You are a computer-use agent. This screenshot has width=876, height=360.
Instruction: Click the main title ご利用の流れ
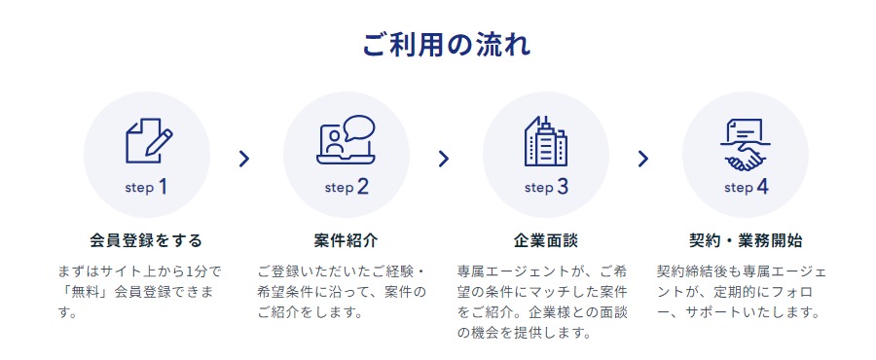tap(438, 46)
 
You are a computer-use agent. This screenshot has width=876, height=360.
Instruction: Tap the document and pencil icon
tap(147, 140)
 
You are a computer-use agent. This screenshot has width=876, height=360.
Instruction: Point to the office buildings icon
tap(545, 141)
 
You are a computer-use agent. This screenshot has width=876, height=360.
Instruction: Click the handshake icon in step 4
tap(745, 142)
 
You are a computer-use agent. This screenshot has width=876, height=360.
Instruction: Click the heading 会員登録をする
tap(146, 239)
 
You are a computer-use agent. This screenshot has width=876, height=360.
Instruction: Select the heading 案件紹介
tap(346, 239)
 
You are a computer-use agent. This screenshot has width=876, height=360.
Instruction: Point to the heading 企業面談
tap(545, 239)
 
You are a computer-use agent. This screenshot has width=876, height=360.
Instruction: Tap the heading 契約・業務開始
tap(745, 239)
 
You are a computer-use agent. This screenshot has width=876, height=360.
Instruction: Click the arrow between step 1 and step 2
tap(244, 159)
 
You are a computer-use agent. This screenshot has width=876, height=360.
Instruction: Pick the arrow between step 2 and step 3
tap(444, 159)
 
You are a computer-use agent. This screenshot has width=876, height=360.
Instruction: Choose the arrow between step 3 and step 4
tap(642, 159)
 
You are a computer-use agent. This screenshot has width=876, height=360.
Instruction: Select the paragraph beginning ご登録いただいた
tap(342, 292)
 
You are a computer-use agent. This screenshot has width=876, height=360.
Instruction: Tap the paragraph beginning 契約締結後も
tap(742, 292)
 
